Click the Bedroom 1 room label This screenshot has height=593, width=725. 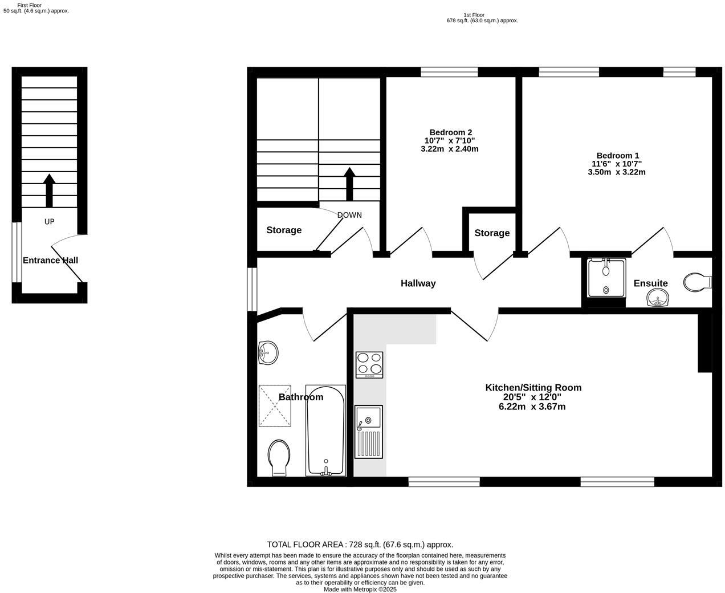[617, 156]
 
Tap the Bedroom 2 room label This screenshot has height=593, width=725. [450, 132]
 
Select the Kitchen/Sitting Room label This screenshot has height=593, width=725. [533, 388]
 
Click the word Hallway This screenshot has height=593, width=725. [418, 283]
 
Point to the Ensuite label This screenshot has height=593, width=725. [650, 283]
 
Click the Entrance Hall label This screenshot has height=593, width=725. [50, 261]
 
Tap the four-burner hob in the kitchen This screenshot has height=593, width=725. [369, 364]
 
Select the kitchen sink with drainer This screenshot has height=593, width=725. [368, 431]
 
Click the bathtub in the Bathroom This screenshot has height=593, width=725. [325, 430]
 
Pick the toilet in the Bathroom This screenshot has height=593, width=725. [279, 457]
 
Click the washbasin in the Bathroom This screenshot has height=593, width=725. [267, 352]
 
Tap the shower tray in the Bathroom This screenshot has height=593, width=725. [275, 405]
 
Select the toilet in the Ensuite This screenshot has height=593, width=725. [697, 282]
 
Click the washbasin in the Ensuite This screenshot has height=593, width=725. [659, 298]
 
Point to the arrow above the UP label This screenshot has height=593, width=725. [49, 190]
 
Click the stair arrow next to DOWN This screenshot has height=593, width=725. [349, 183]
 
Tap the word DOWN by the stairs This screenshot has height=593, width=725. [349, 215]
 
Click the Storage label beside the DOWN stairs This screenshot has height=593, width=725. [284, 230]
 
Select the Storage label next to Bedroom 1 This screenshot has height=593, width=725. [492, 233]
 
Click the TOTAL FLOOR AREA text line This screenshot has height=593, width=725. [360, 545]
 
